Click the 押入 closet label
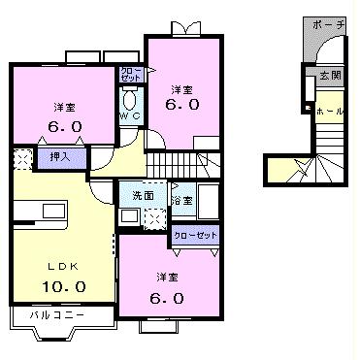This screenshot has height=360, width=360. click(x=46, y=153)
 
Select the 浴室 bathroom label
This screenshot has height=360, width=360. click(x=180, y=201)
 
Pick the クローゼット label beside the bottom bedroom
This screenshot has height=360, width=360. click(x=194, y=235)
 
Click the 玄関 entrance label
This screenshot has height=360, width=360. click(x=329, y=76)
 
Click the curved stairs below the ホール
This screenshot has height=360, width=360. click(x=315, y=167)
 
